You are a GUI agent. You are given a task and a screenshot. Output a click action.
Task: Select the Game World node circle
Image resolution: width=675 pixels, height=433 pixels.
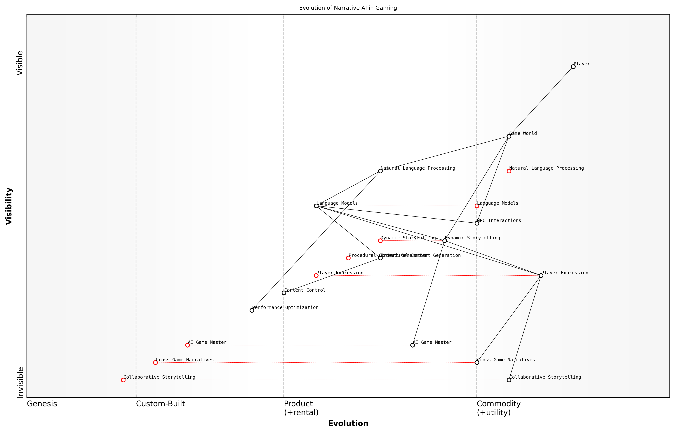point(509,136)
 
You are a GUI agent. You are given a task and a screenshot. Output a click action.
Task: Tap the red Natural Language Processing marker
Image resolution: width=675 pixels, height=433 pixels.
point(509,171)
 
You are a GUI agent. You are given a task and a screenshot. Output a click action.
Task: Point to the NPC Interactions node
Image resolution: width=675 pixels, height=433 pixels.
point(477,223)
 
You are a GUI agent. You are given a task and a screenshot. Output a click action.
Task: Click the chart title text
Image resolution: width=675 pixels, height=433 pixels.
point(348,8)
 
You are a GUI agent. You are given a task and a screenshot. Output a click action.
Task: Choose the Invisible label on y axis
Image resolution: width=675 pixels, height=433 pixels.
point(20,382)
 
